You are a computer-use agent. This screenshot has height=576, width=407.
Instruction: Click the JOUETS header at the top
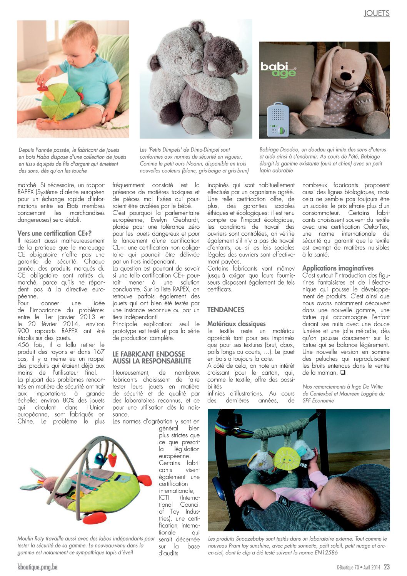(x=377, y=13)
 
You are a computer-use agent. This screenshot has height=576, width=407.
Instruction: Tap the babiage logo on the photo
(x=278, y=70)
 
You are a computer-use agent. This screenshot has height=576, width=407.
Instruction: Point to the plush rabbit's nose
(x=347, y=76)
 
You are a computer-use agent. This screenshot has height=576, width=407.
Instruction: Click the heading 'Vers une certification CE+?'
(x=55, y=233)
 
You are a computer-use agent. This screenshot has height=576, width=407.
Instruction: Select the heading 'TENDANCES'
(x=226, y=310)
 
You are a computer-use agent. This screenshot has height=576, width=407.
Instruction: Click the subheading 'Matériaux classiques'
(x=237, y=324)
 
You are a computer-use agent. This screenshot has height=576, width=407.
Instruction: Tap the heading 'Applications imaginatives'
(x=338, y=268)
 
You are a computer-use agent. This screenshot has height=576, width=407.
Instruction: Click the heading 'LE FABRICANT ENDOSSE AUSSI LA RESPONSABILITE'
(x=152, y=357)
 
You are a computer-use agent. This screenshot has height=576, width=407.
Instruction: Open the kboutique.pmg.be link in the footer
(x=37, y=567)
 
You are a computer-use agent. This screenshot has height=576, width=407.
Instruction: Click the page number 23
(x=387, y=567)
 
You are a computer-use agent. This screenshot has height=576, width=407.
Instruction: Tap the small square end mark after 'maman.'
(x=343, y=373)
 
